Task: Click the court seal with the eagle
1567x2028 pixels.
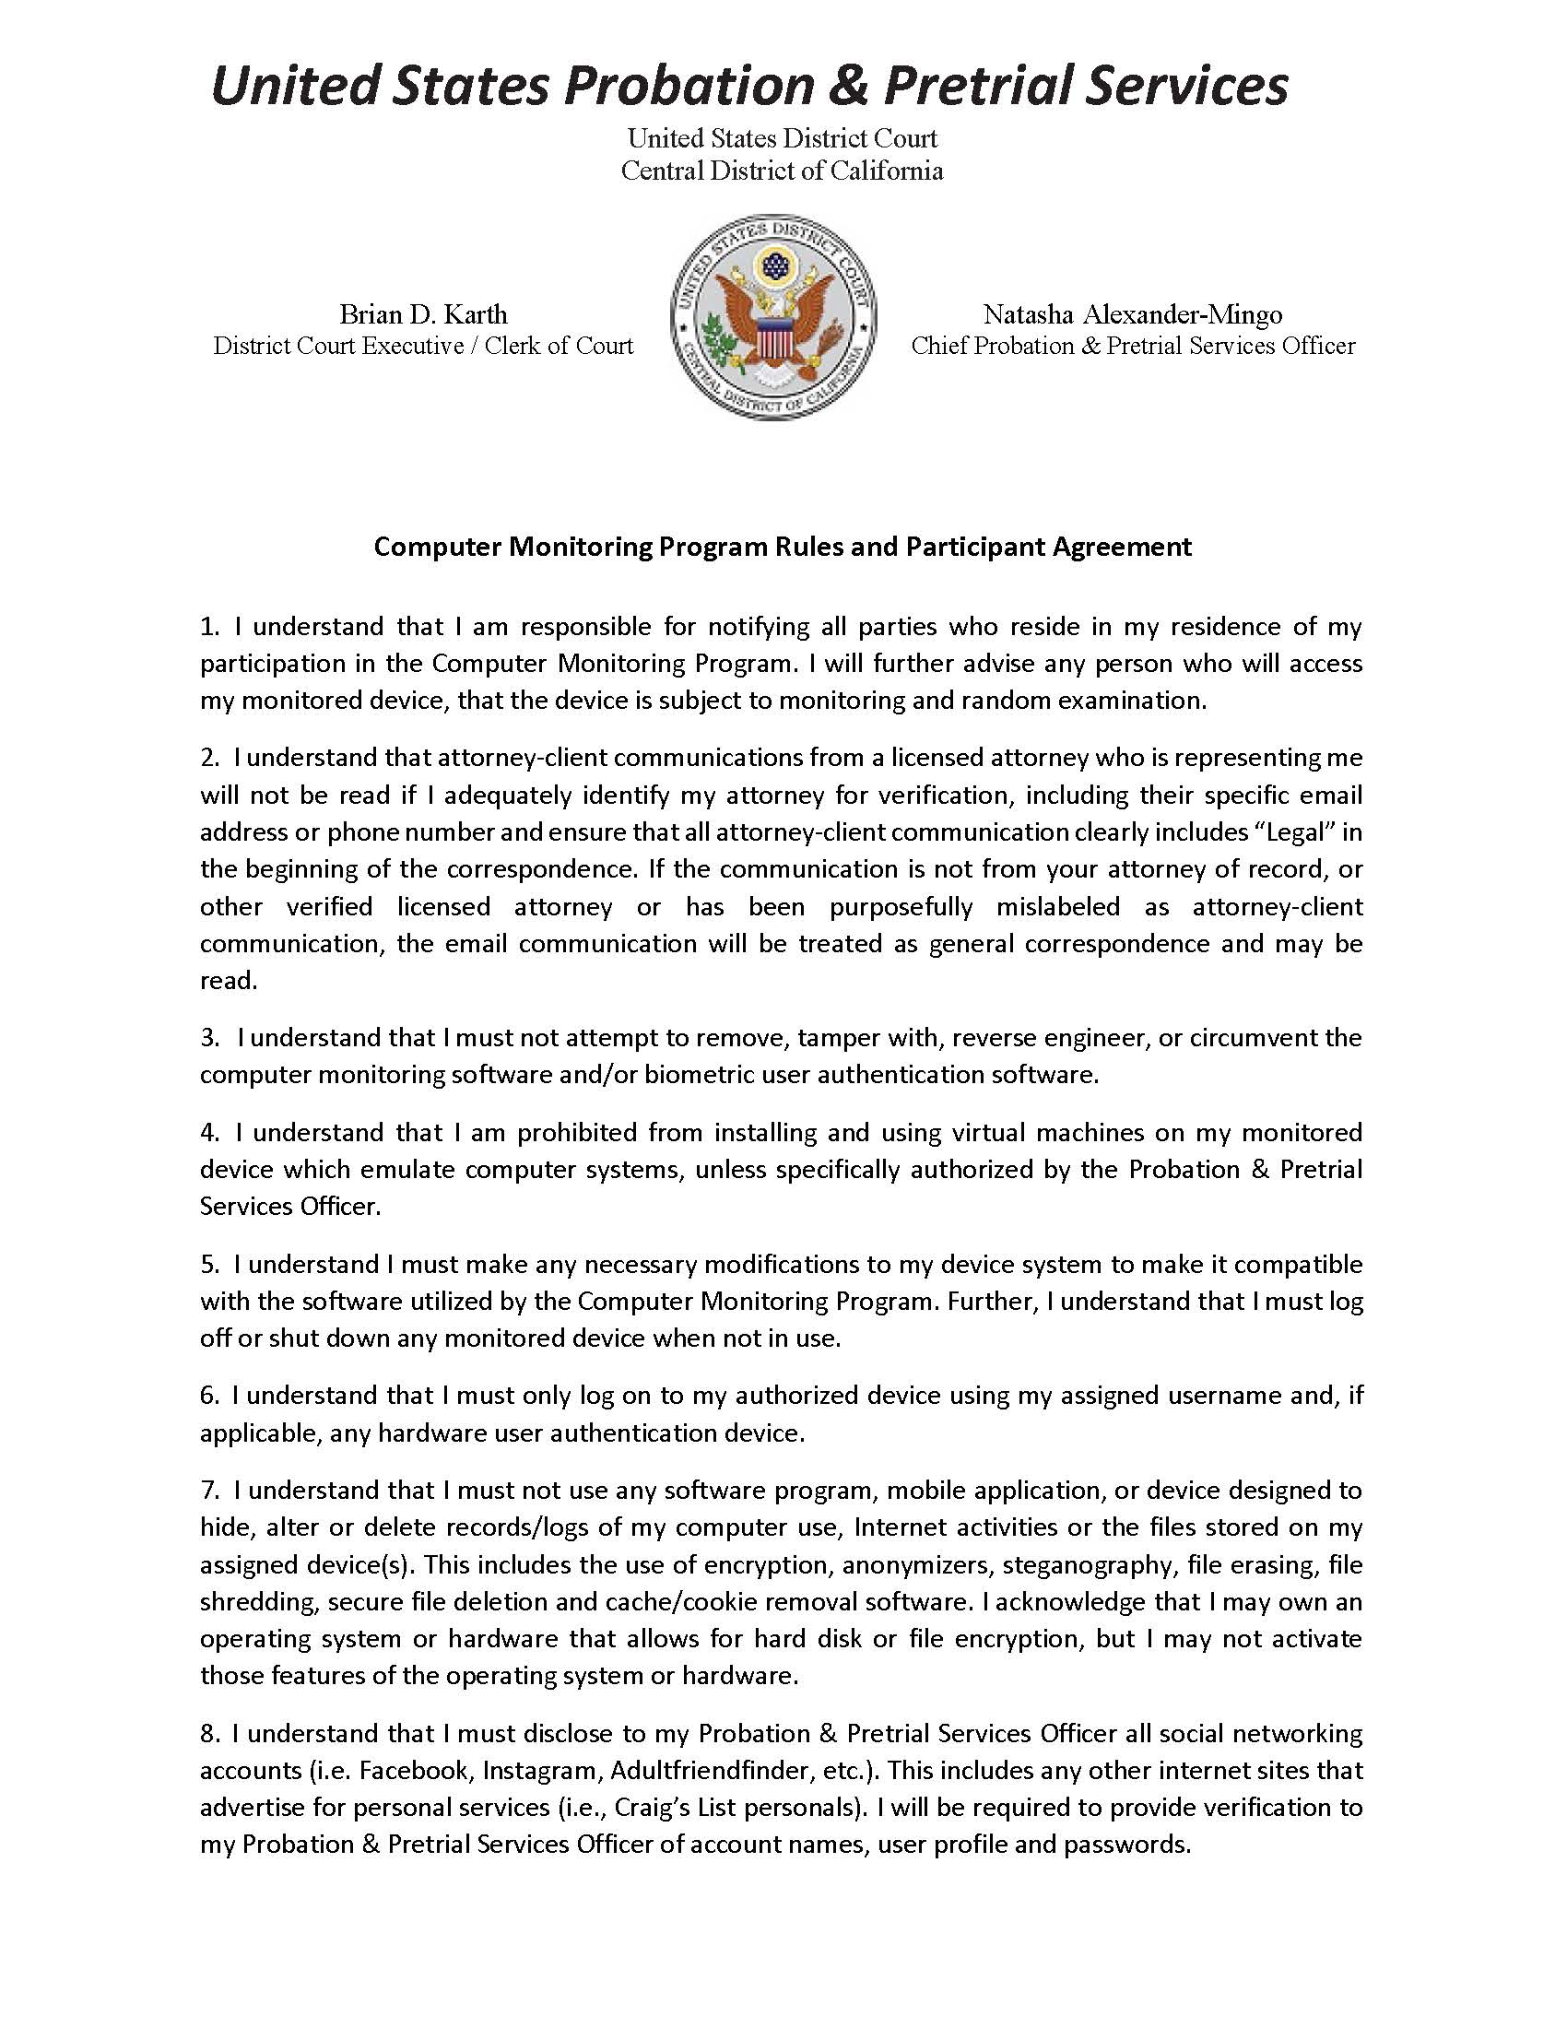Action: [773, 315]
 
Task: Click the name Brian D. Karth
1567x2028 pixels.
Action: [422, 313]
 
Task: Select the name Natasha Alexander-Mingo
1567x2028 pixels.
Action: [1133, 313]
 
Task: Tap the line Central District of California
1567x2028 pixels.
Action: [782, 171]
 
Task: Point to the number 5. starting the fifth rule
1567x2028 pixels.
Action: [209, 1264]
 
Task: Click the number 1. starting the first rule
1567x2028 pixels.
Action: [209, 626]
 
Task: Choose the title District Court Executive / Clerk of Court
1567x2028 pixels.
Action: [422, 346]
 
